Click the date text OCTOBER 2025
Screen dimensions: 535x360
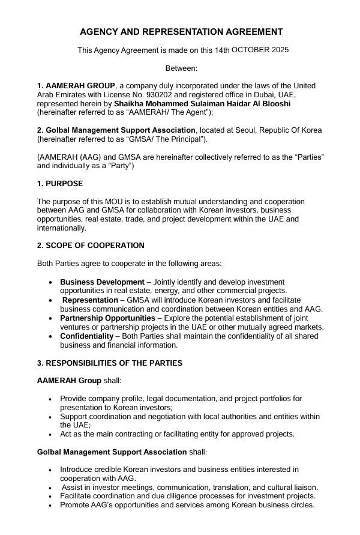pyautogui.click(x=260, y=50)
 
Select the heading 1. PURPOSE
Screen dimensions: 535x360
pyautogui.click(x=60, y=184)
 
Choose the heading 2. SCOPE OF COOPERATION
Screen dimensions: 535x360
pyautogui.click(x=91, y=246)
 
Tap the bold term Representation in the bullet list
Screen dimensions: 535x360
pyautogui.click(x=91, y=300)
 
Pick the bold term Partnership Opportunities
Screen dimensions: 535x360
pyautogui.click(x=107, y=318)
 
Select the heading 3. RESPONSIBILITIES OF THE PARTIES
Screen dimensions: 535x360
pyautogui.click(x=110, y=363)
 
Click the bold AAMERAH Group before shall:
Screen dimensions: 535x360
pyautogui.click(x=69, y=381)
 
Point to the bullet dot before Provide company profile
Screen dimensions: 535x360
pyautogui.click(x=49, y=399)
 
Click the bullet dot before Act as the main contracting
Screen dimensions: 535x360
pyautogui.click(x=49, y=435)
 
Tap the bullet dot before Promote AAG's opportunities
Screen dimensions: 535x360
pyautogui.click(x=49, y=506)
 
